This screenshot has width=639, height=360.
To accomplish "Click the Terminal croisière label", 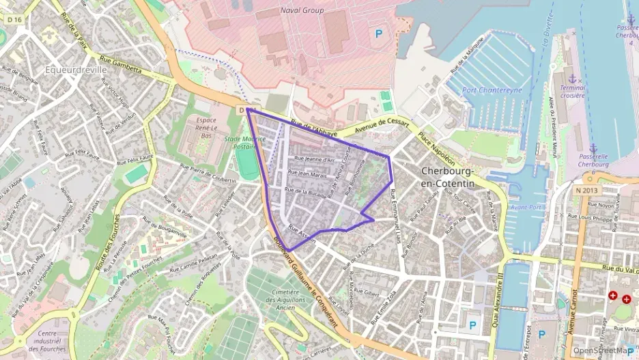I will (x=572, y=92).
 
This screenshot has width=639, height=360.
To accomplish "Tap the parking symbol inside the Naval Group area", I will (x=376, y=32).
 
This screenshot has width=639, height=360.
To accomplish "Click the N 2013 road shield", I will (x=586, y=190).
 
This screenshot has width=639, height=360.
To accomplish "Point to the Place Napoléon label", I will (x=431, y=146).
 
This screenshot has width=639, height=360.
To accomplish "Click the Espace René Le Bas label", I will (x=201, y=127).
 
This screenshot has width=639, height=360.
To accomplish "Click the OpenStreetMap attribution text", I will (x=603, y=350).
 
